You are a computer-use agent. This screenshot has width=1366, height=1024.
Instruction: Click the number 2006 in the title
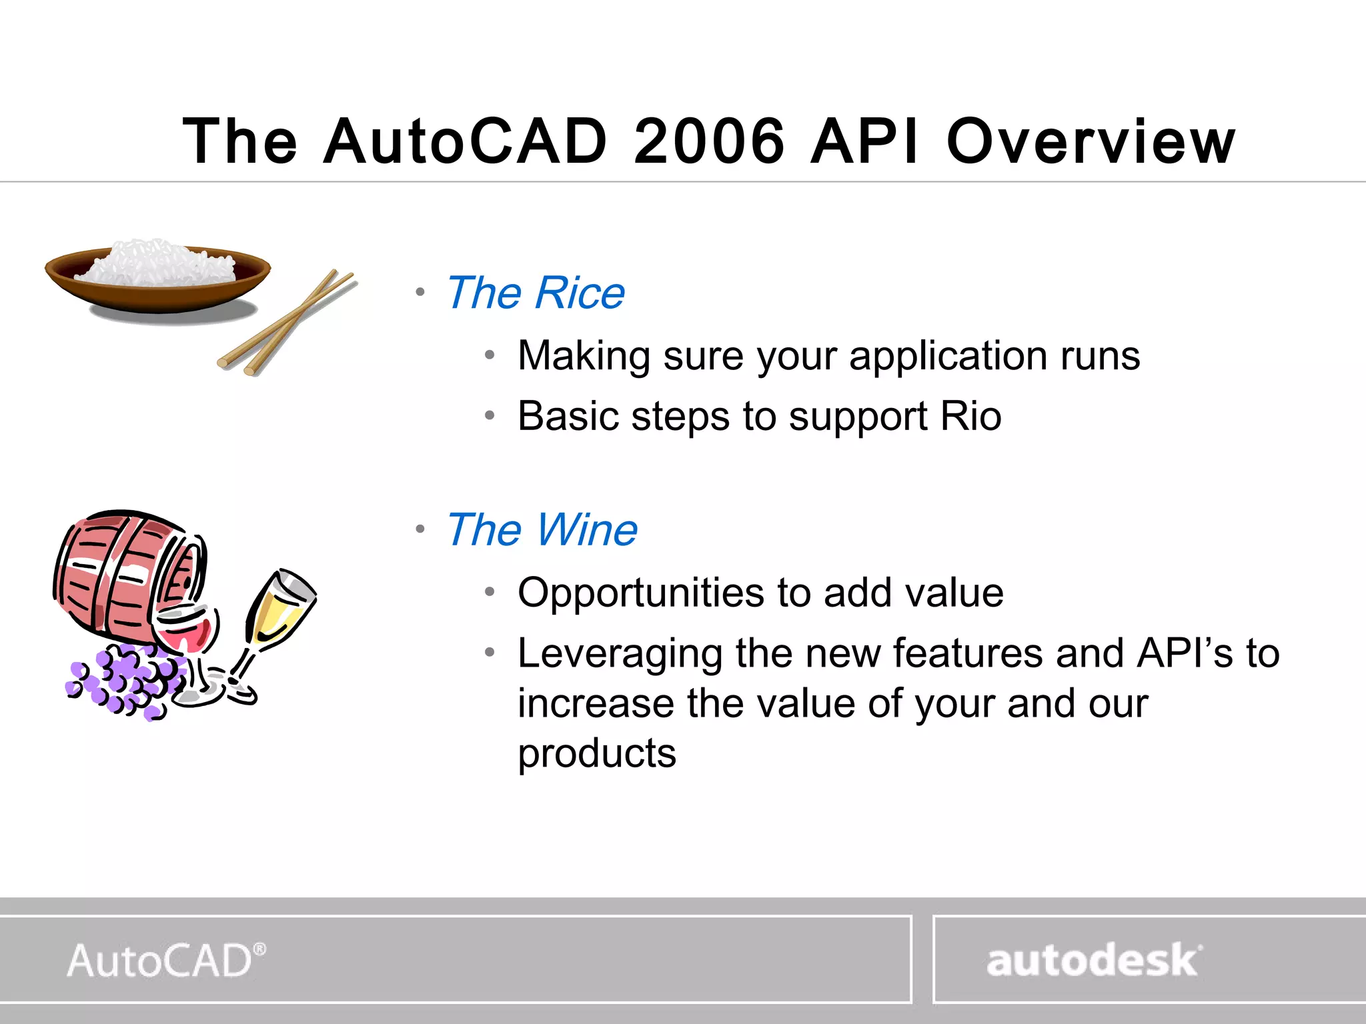709,141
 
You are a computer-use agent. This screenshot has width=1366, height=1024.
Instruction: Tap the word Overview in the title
1091,141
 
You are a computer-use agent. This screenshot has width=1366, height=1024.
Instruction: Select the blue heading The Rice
536,293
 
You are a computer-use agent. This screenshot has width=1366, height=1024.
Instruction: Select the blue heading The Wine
542,530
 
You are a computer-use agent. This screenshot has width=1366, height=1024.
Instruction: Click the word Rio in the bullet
970,416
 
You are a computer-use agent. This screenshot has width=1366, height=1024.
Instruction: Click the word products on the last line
597,753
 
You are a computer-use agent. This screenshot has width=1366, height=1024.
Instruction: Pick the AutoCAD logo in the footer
166,961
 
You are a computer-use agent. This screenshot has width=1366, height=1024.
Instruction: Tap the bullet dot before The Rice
420,292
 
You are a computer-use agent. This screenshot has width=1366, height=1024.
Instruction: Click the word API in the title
864,141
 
